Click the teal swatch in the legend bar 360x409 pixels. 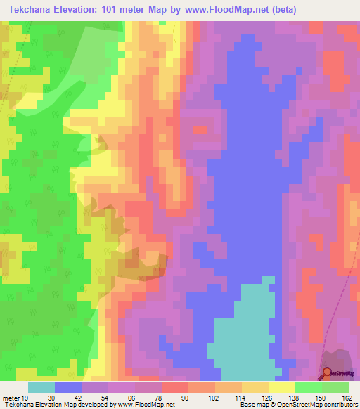click(x=41, y=387)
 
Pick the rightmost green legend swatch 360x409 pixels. click(x=335, y=387)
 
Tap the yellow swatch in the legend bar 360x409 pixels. click(x=281, y=387)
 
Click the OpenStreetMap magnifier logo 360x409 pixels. click(x=327, y=372)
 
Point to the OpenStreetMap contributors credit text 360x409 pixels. click(x=309, y=405)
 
